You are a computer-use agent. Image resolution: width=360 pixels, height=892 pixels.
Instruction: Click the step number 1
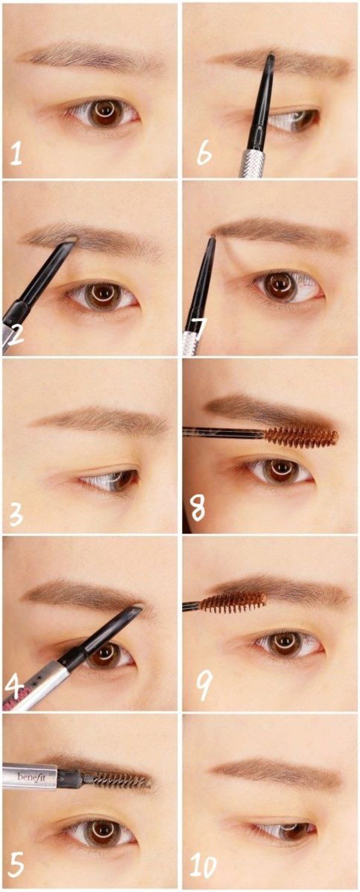pos(16,155)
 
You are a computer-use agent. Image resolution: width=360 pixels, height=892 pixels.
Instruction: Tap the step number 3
pos(16,514)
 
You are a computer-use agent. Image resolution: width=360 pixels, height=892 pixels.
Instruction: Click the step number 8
pos(199,509)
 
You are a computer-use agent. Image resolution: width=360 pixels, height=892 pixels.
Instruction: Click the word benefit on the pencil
pos(29,777)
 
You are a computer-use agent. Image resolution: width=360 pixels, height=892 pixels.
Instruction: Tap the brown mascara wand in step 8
pos(301,436)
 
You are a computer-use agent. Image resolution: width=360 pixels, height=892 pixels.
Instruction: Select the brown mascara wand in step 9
pos(233,602)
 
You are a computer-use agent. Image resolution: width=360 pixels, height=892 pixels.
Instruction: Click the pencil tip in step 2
pos(71,240)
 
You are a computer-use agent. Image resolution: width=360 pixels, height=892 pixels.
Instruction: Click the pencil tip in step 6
pos(271,55)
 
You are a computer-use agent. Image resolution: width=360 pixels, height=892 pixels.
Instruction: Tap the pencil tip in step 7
pos(212,238)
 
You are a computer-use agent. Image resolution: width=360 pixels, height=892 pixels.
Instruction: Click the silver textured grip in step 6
pos(251,163)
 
